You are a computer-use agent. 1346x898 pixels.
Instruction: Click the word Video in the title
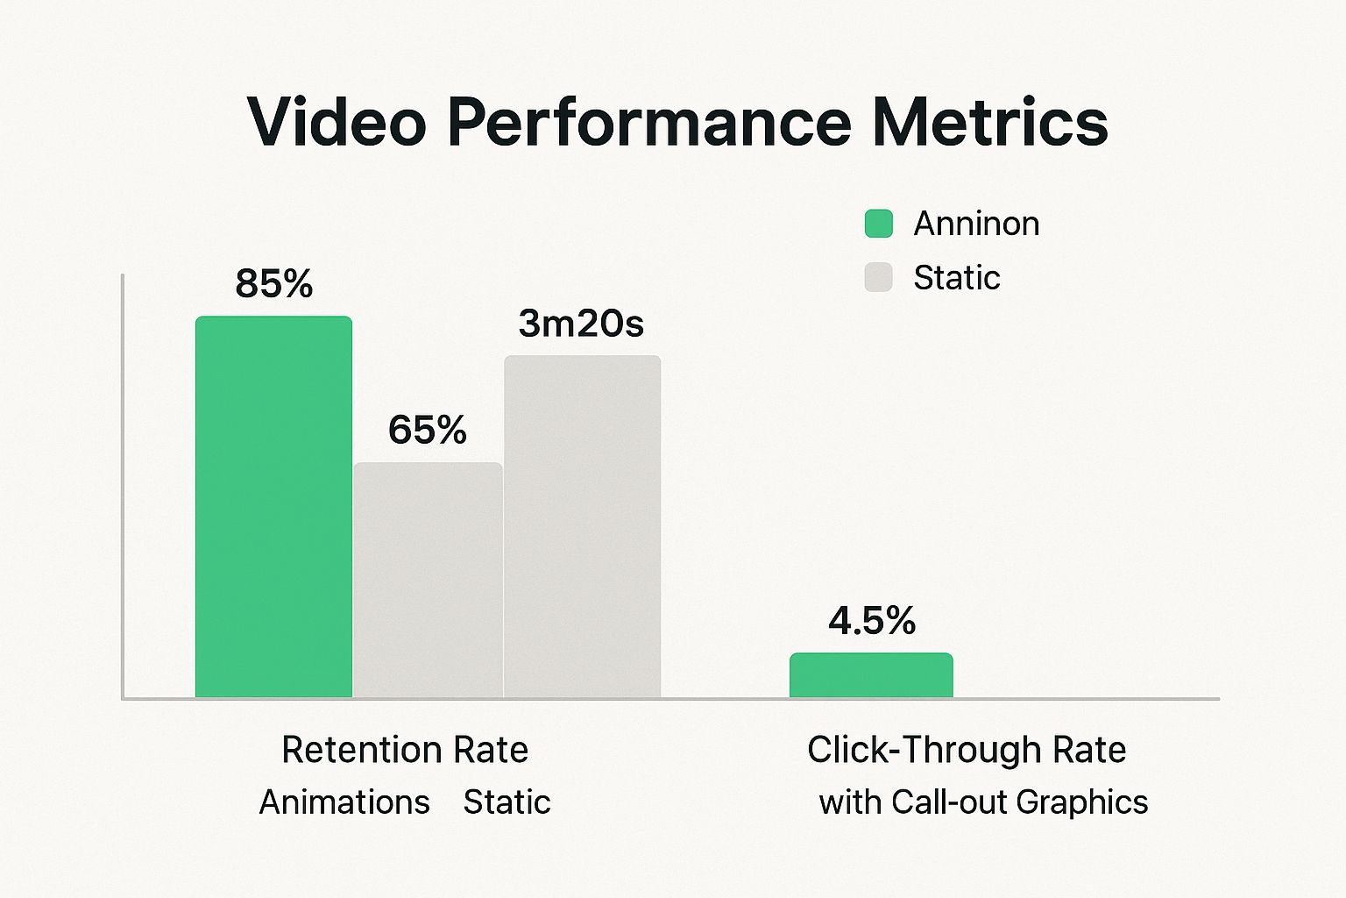pyautogui.click(x=336, y=122)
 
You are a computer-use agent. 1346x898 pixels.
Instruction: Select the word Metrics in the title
pyautogui.click(x=989, y=122)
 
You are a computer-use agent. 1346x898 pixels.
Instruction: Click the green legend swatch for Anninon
pyautogui.click(x=878, y=224)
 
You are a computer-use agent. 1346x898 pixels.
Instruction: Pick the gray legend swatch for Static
pyautogui.click(x=878, y=277)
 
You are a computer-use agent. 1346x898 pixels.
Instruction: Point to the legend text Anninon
pyautogui.click(x=976, y=224)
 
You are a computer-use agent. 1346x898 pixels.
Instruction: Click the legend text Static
pyautogui.click(x=956, y=277)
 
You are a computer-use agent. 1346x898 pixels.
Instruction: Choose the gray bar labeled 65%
pyautogui.click(x=428, y=580)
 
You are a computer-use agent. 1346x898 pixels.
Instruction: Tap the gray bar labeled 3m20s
pyautogui.click(x=582, y=526)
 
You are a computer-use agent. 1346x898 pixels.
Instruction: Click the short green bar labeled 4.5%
pyautogui.click(x=871, y=675)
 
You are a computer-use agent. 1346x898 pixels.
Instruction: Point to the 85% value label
pyautogui.click(x=273, y=284)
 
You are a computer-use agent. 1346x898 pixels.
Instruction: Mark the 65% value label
pyautogui.click(x=428, y=430)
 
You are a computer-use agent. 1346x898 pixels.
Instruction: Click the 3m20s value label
pyautogui.click(x=581, y=324)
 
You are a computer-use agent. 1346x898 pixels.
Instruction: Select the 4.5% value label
pyautogui.click(x=872, y=621)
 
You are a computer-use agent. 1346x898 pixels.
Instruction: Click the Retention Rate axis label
pyautogui.click(x=405, y=750)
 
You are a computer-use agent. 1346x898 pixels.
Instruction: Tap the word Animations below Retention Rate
pyautogui.click(x=344, y=802)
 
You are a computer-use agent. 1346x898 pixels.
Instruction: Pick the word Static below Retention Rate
pyautogui.click(x=507, y=802)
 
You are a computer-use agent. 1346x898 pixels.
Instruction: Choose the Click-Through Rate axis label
pyautogui.click(x=967, y=750)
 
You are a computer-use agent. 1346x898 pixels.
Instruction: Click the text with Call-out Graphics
pyautogui.click(x=983, y=802)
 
